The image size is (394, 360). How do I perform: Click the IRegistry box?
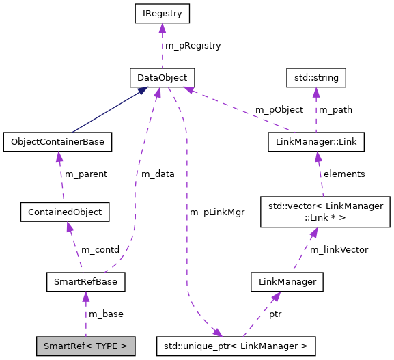(x=162, y=13)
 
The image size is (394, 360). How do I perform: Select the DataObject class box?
(x=163, y=77)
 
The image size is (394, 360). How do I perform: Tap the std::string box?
(x=316, y=77)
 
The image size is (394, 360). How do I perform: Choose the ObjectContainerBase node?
(x=57, y=142)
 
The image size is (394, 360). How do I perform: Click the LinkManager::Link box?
(x=315, y=142)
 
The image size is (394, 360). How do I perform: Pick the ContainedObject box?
(x=65, y=212)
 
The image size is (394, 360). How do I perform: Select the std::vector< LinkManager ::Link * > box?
(x=326, y=211)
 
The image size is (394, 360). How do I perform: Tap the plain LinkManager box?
(x=286, y=281)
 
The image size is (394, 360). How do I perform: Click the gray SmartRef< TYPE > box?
(x=85, y=346)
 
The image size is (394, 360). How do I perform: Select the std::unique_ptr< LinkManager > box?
(x=236, y=346)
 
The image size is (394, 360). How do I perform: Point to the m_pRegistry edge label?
(x=193, y=46)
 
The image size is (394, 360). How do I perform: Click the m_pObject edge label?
(x=279, y=110)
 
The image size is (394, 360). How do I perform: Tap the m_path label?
(x=335, y=110)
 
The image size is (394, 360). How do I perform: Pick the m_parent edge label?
(x=85, y=174)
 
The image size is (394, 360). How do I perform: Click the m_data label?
(x=158, y=174)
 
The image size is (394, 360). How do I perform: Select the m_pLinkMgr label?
(x=217, y=212)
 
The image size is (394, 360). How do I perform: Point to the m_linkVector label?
(x=339, y=250)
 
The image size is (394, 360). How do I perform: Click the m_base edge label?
(x=106, y=314)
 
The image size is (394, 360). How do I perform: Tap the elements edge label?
(x=344, y=174)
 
